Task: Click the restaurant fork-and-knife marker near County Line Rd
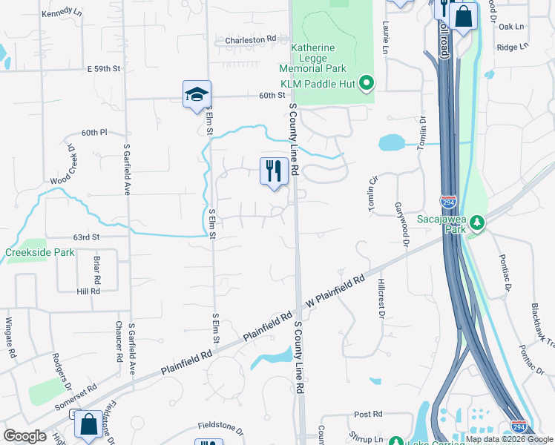(274, 171)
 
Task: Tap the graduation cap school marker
(197, 94)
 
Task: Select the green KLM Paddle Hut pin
(366, 83)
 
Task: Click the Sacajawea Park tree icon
(479, 222)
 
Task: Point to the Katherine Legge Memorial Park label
(323, 58)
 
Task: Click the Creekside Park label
(39, 253)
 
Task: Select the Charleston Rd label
(251, 39)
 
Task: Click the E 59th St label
(103, 68)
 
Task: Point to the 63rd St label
(86, 237)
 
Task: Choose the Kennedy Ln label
(62, 13)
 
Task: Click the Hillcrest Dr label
(381, 300)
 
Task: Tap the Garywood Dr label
(401, 223)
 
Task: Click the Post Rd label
(367, 414)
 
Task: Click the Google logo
(24, 436)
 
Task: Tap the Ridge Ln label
(512, 46)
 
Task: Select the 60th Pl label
(95, 132)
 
